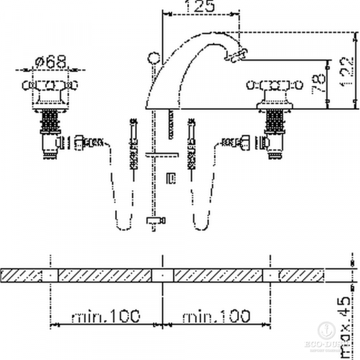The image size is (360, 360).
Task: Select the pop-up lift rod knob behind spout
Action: click(x=153, y=59)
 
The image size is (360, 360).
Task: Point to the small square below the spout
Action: click(x=170, y=178)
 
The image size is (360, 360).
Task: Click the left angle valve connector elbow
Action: click(x=61, y=143)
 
